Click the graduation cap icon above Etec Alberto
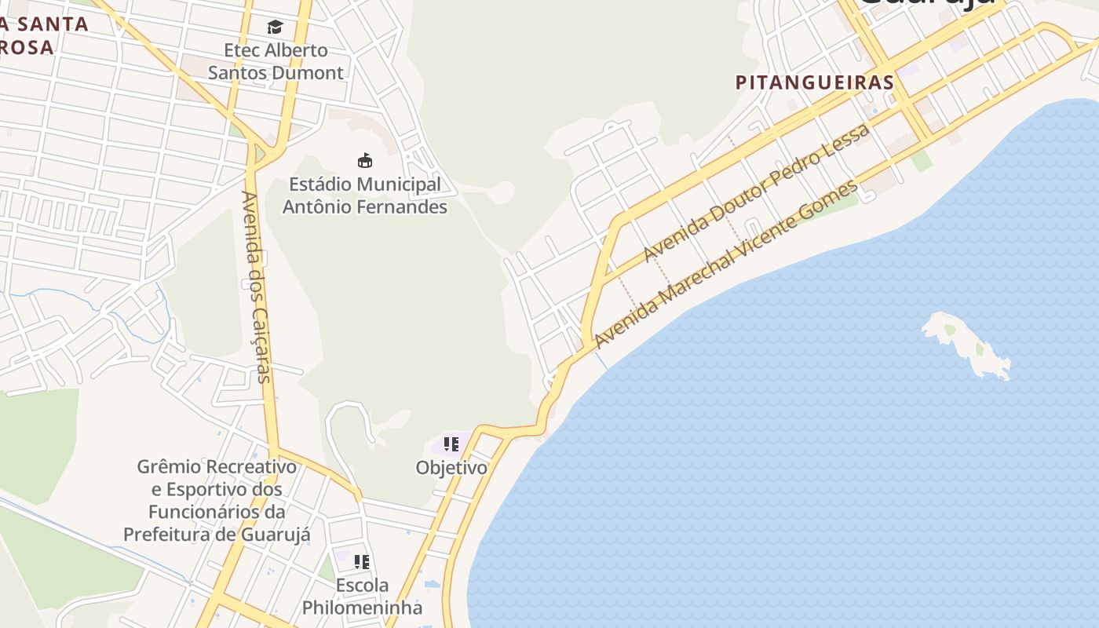tap(275, 27)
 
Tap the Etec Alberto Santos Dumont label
tap(276, 61)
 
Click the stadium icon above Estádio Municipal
tap(365, 161)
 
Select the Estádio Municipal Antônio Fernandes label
tap(365, 195)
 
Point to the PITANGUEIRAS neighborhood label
tap(815, 82)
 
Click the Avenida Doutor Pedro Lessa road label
tap(756, 193)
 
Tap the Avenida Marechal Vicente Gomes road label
tap(727, 264)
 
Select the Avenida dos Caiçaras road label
tap(255, 287)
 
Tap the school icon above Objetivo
tap(451, 445)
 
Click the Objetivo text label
tap(451, 468)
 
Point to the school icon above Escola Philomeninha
tap(362, 562)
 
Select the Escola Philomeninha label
tap(362, 597)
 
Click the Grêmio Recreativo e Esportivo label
tap(217, 500)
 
